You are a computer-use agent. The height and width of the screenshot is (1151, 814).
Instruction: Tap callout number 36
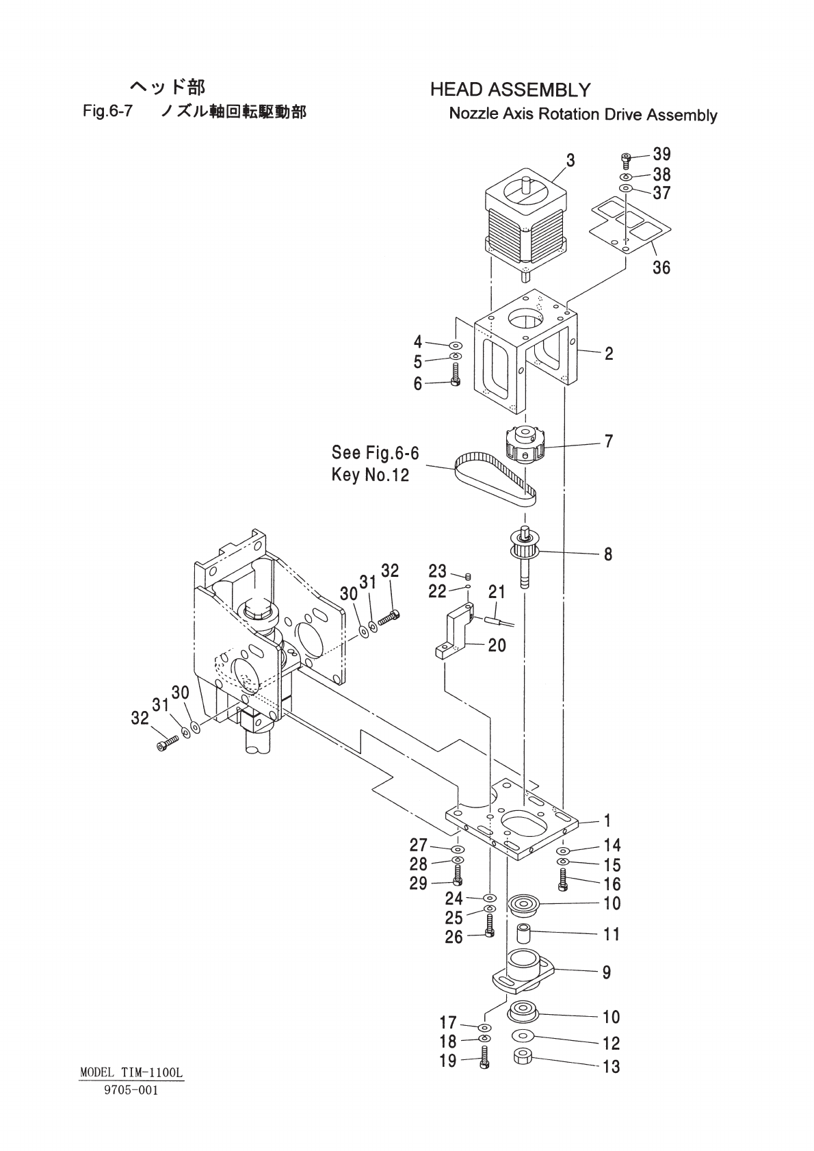click(x=661, y=267)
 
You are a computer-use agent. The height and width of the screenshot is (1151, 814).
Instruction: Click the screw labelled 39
click(x=626, y=159)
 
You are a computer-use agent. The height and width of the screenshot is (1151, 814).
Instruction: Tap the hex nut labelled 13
click(x=524, y=1058)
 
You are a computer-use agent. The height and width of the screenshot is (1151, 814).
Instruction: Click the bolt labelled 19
click(x=484, y=1062)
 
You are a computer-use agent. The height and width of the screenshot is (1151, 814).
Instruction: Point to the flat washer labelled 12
click(x=523, y=1035)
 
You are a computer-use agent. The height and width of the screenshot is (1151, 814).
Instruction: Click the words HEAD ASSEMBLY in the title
click(x=510, y=90)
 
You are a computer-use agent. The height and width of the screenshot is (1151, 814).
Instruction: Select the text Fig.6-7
click(x=107, y=112)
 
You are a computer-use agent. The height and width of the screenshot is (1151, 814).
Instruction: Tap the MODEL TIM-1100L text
click(x=131, y=1073)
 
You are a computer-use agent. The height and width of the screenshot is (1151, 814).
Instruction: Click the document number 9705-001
click(x=131, y=1091)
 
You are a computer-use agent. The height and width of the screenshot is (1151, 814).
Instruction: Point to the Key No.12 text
click(x=370, y=475)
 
